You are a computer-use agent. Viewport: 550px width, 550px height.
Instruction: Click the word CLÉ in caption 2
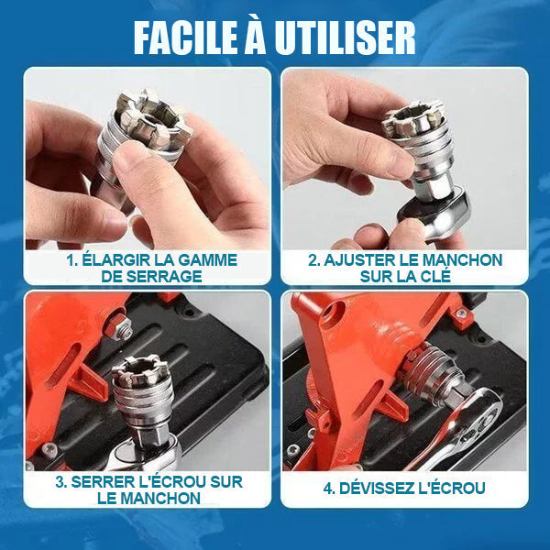click(x=423, y=277)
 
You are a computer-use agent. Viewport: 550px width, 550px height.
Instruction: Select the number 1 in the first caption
click(x=71, y=260)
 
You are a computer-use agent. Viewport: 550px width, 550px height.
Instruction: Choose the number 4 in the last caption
click(x=327, y=488)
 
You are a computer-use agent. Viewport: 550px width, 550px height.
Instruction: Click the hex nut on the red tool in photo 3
click(x=122, y=330)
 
